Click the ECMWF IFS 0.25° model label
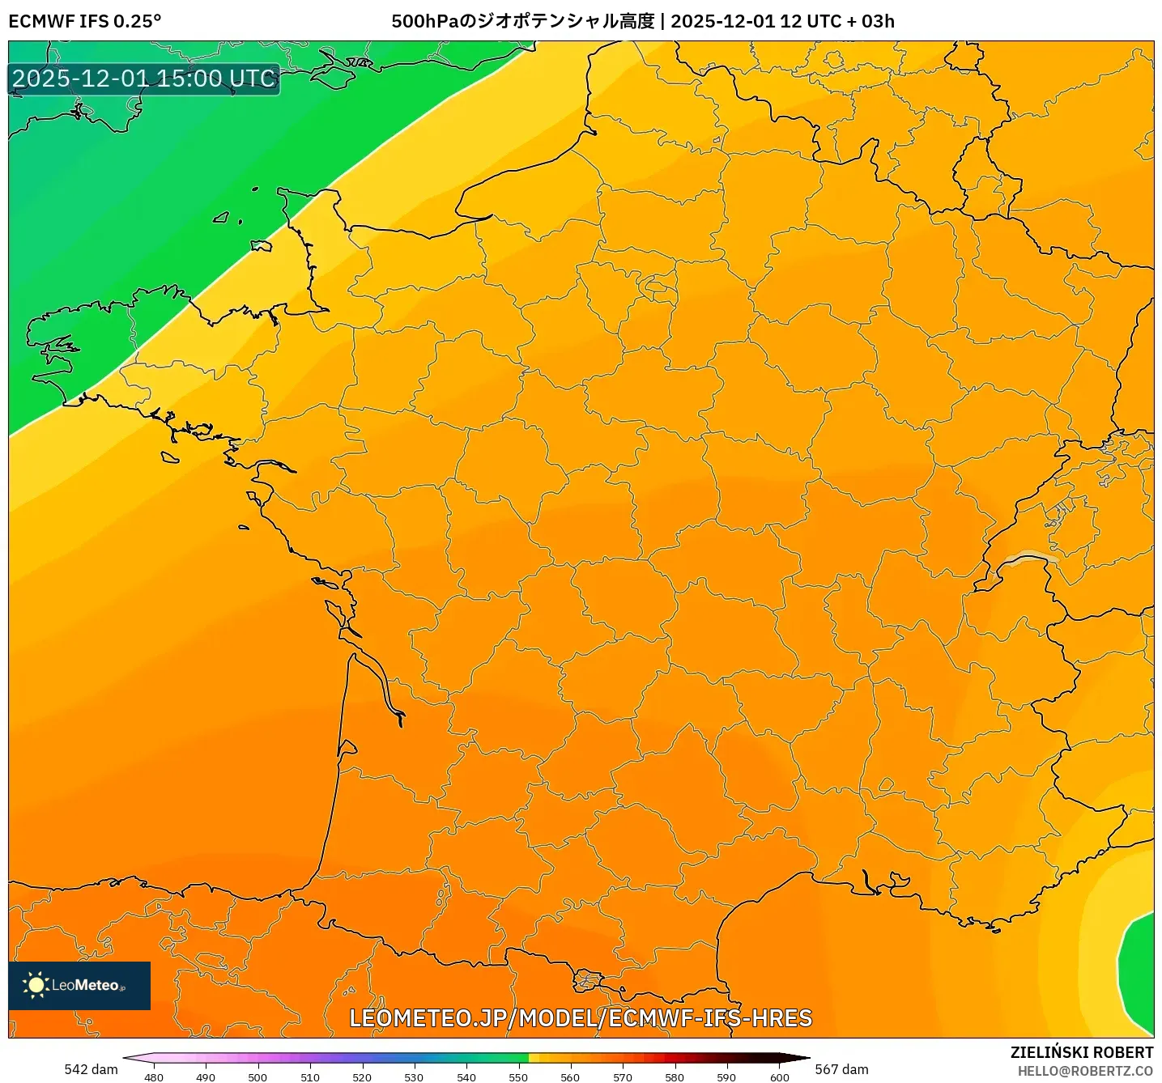(x=84, y=21)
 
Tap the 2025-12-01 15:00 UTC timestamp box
(x=144, y=79)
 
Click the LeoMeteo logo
(x=79, y=985)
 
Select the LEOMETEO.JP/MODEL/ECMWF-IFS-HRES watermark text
(x=581, y=1018)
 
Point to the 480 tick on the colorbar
(x=154, y=1077)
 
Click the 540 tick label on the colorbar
(x=466, y=1077)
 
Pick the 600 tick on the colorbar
(x=779, y=1077)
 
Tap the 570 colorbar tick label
(x=623, y=1077)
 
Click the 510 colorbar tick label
(x=310, y=1077)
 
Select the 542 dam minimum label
(x=91, y=1069)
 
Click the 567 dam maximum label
(x=841, y=1069)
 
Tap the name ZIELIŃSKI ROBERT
(x=1082, y=1052)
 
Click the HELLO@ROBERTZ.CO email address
(x=1085, y=1071)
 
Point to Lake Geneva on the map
(x=1027, y=558)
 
